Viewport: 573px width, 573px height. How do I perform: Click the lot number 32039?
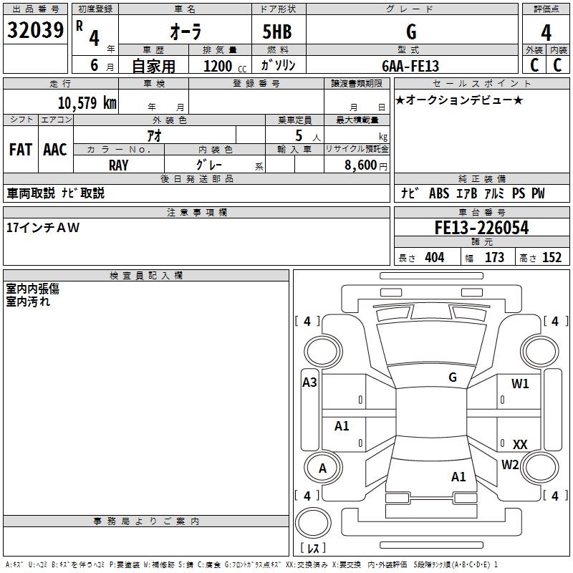coord(36,32)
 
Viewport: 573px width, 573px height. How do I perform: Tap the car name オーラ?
coord(185,32)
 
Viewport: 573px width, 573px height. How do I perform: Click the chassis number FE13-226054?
coord(481,228)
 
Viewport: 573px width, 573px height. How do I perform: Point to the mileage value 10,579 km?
coord(87,102)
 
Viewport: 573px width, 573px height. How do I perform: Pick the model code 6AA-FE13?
coord(410,66)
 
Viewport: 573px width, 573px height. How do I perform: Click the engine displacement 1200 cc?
coord(222,66)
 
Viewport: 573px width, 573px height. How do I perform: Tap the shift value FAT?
coord(20,150)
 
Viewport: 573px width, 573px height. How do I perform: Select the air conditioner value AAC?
coord(55,150)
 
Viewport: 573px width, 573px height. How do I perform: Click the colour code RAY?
coord(118,165)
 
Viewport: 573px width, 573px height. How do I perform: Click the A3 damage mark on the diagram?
coord(309,382)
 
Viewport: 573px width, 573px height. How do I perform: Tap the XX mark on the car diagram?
coord(520,445)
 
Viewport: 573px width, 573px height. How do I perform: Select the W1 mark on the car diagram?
coord(520,384)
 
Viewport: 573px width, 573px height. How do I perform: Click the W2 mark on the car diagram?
coord(510,465)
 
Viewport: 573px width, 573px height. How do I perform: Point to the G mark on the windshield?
coord(452,377)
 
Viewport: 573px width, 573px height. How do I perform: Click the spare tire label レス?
coord(312,549)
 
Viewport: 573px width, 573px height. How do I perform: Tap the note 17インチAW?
coord(43,228)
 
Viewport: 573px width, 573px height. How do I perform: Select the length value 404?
coord(434,258)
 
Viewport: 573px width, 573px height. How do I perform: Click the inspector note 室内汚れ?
coord(28,302)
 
